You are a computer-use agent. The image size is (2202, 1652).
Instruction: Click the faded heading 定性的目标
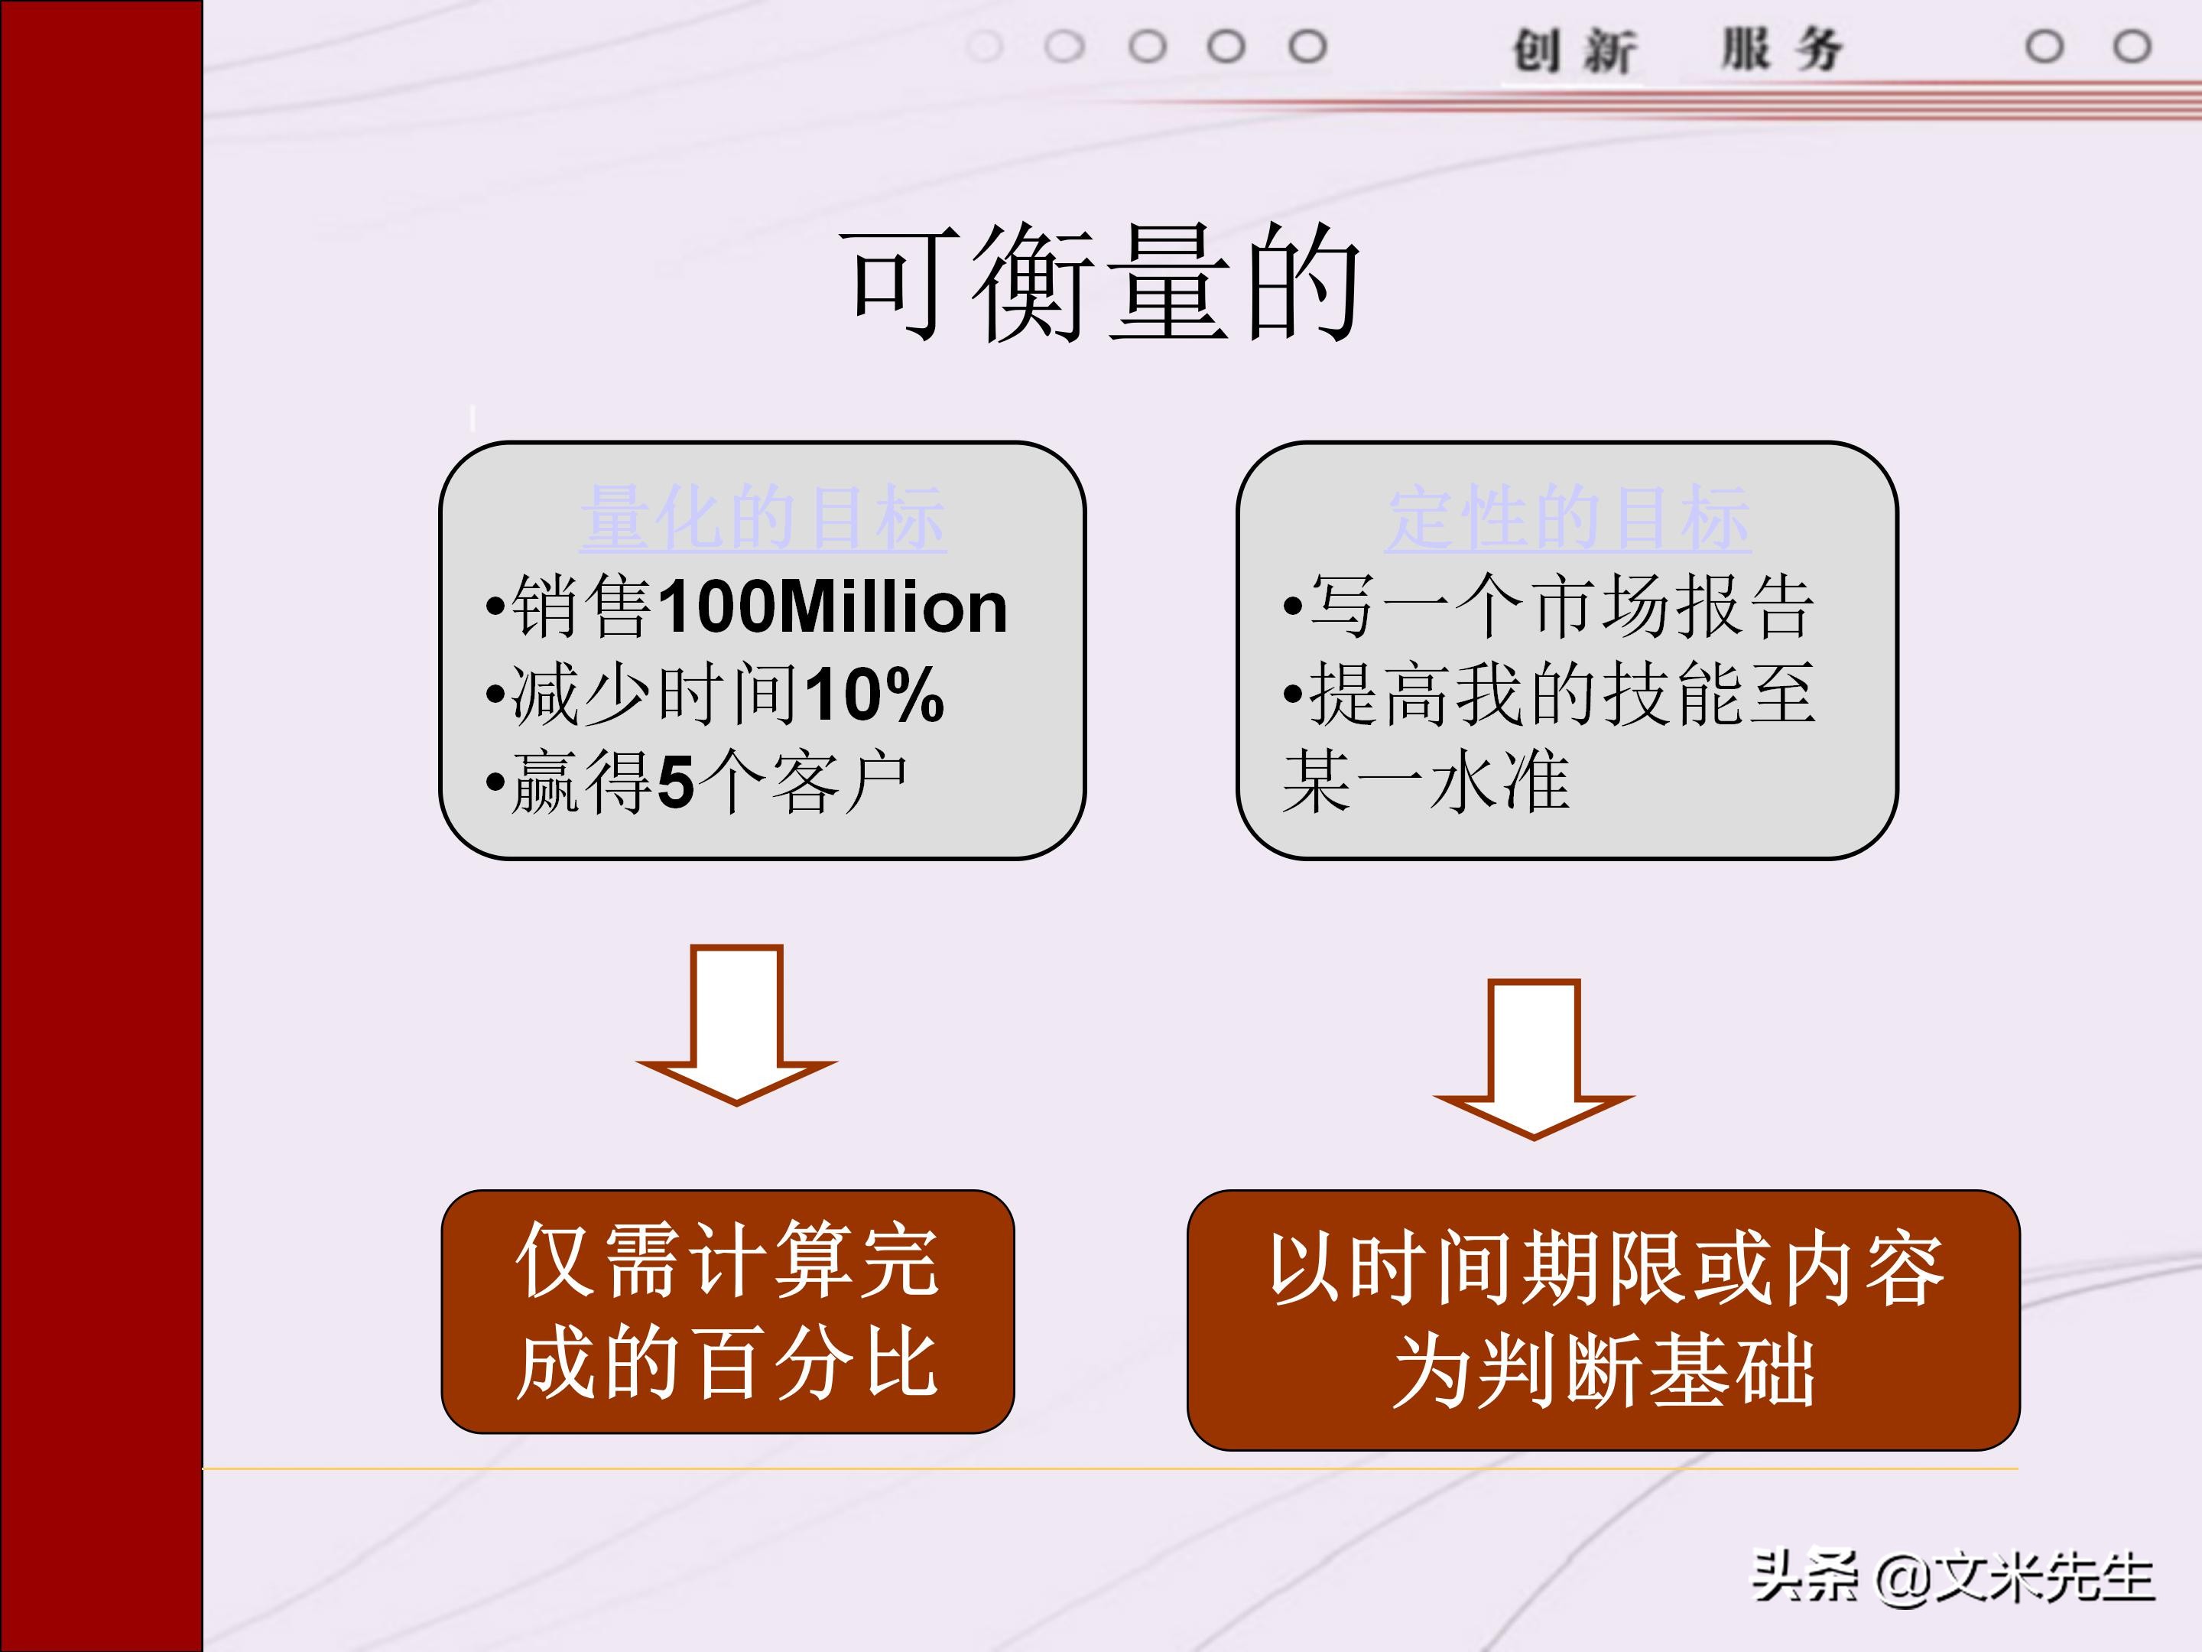tap(1568, 519)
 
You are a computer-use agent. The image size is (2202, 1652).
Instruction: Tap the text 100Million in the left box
tap(832, 606)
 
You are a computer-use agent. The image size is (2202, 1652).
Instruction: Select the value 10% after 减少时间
tap(874, 694)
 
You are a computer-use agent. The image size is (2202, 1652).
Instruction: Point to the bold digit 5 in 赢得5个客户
tap(675, 782)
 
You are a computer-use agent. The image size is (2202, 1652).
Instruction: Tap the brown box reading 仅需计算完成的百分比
tap(728, 1312)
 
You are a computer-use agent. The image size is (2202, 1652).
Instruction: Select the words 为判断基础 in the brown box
tap(1604, 1371)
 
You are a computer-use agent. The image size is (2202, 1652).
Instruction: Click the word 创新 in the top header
tap(1573, 50)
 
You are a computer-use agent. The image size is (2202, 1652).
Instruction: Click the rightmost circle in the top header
tap(2132, 47)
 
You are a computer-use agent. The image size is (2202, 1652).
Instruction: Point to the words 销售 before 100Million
tap(581, 606)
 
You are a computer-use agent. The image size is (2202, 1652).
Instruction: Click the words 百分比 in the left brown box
tap(817, 1362)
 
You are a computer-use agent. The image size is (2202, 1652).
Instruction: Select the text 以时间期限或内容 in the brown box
tap(1604, 1270)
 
